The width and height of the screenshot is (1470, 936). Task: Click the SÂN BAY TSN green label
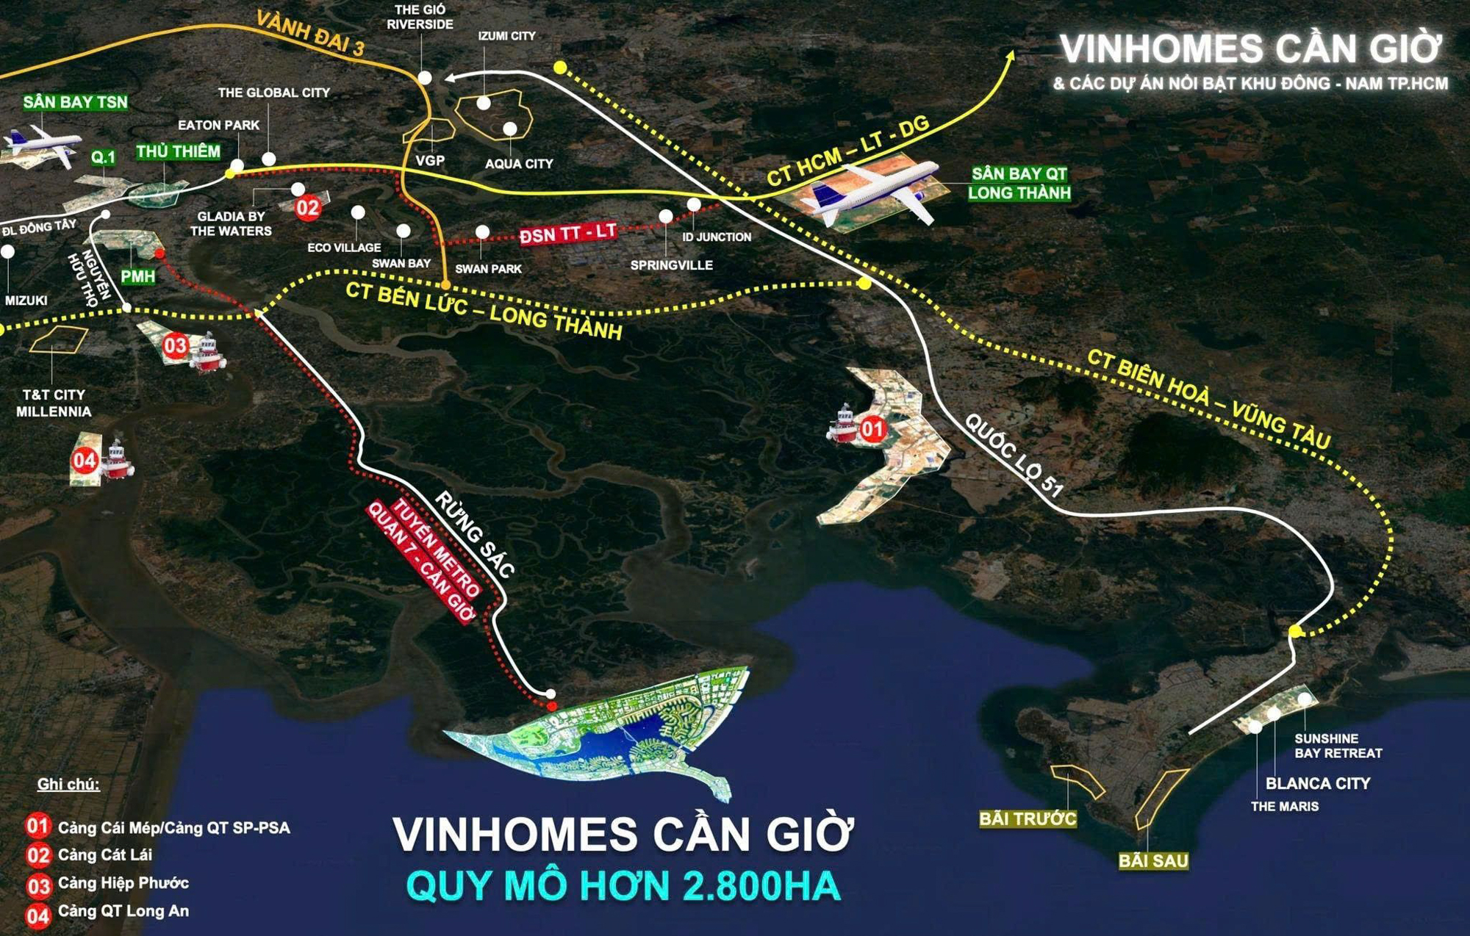pyautogui.click(x=75, y=102)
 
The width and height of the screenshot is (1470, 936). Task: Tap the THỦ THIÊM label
pyautogui.click(x=178, y=151)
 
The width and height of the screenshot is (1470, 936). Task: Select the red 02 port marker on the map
pyautogui.click(x=307, y=208)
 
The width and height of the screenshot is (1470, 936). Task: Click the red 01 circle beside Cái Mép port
pyautogui.click(x=872, y=428)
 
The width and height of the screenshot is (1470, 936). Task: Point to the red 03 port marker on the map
pyautogui.click(x=176, y=345)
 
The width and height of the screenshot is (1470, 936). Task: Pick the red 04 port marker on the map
pyautogui.click(x=85, y=461)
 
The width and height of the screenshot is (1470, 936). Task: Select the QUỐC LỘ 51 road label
pyautogui.click(x=1014, y=456)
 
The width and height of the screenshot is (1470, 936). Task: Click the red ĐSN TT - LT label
pyautogui.click(x=567, y=234)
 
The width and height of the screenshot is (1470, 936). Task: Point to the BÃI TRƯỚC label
pyautogui.click(x=1028, y=818)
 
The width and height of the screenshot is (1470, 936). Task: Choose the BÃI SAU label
pyautogui.click(x=1152, y=860)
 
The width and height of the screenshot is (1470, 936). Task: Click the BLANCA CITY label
pyautogui.click(x=1317, y=783)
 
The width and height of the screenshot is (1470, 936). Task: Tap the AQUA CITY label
pyautogui.click(x=518, y=164)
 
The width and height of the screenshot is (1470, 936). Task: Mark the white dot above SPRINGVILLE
pyautogui.click(x=666, y=216)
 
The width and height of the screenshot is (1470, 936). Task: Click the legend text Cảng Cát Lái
pyautogui.click(x=105, y=854)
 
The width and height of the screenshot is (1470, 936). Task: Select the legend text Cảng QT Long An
pyautogui.click(x=123, y=911)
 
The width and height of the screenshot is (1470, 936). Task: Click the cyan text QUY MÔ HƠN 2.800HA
pyautogui.click(x=623, y=886)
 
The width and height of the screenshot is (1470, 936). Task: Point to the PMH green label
pyautogui.click(x=138, y=276)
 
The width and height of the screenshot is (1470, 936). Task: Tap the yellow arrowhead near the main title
pyautogui.click(x=1011, y=56)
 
